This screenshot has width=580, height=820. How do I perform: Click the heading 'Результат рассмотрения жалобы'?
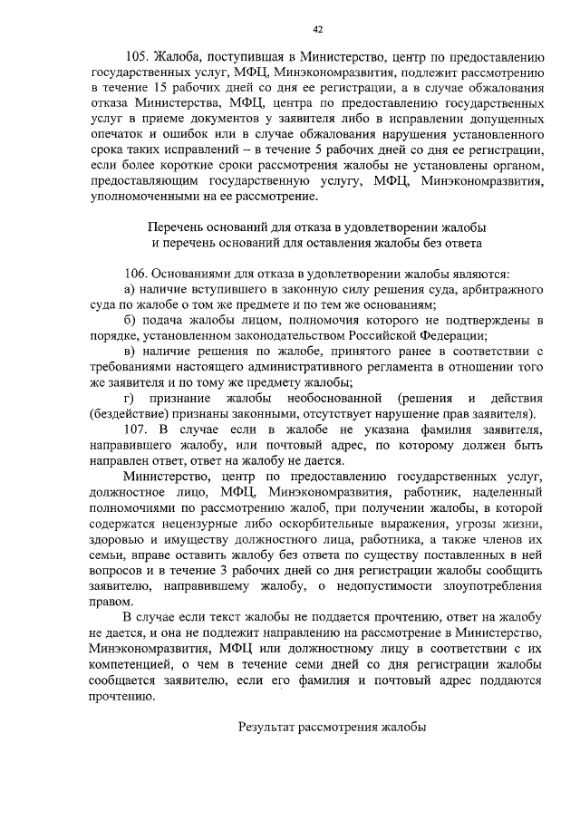(331, 727)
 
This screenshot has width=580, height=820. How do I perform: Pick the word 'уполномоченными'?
(143, 195)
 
